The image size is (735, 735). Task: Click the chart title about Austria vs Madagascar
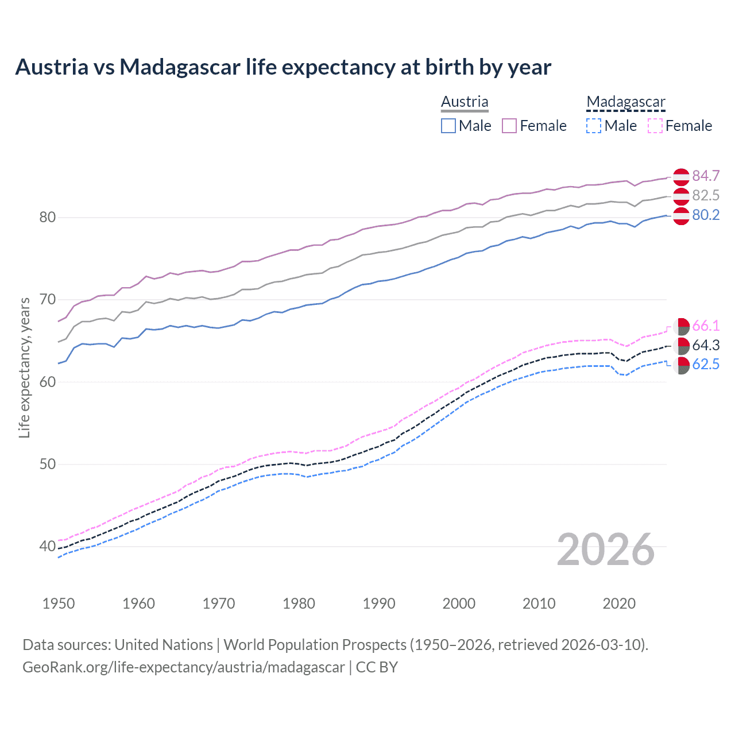(x=283, y=67)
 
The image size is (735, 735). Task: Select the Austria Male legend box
(x=448, y=126)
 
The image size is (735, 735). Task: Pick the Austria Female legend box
(x=509, y=126)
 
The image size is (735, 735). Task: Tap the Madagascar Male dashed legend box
(x=594, y=126)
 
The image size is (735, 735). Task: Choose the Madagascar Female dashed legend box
(x=655, y=126)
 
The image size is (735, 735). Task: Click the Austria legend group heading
(x=465, y=102)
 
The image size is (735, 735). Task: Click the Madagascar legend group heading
(x=626, y=102)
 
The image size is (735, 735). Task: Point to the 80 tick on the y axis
(x=48, y=217)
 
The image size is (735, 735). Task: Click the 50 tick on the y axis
(x=48, y=464)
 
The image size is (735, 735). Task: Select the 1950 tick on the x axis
(x=59, y=604)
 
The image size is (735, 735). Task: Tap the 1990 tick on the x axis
(x=379, y=604)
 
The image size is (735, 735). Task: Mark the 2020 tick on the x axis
(x=619, y=604)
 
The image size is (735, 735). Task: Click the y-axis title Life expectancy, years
(x=24, y=367)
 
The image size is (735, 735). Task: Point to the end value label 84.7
(x=706, y=176)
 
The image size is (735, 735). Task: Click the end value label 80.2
(x=706, y=215)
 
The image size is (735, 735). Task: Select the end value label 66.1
(x=706, y=326)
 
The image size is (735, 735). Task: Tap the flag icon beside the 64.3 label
(x=681, y=346)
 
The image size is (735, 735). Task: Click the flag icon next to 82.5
(x=681, y=196)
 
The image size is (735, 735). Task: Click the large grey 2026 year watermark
(x=606, y=550)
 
